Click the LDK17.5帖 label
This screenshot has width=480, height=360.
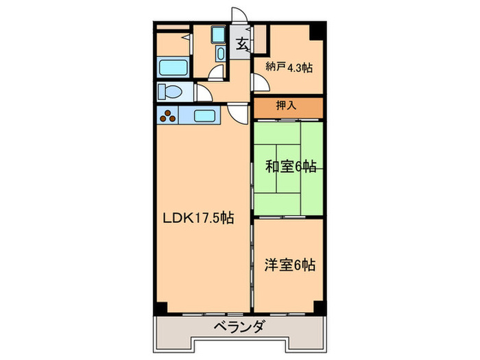point(198,219)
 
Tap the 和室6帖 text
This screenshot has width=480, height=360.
point(291,166)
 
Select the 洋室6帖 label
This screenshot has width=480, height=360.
point(291,263)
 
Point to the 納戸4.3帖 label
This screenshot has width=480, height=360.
point(289,67)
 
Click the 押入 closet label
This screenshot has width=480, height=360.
point(286,106)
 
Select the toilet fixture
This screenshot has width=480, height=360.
point(169,91)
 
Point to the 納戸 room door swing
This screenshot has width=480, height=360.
point(261,82)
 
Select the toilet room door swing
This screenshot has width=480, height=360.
point(203,92)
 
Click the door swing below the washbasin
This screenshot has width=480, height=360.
point(216,74)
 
